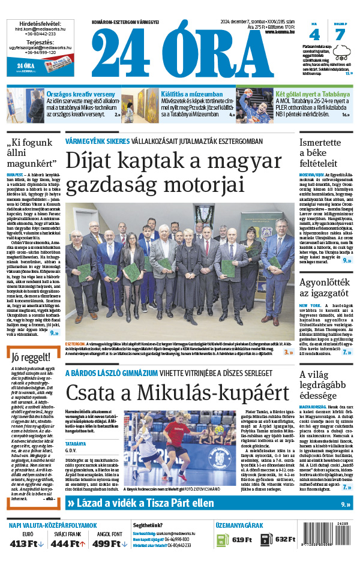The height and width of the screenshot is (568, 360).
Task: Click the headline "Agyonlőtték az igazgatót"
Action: tap(325, 284)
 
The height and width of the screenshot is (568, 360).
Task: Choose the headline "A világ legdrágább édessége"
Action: tap(325, 386)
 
